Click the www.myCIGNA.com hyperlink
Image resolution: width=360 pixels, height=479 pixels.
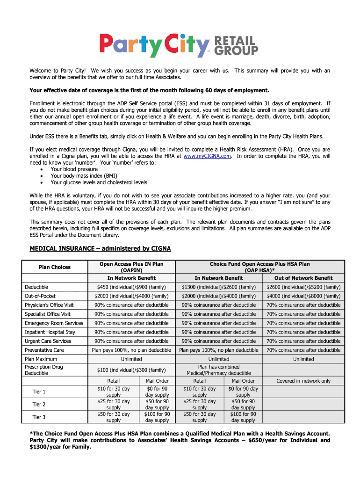coord(208,156)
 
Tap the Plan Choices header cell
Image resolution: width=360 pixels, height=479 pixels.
coord(55,267)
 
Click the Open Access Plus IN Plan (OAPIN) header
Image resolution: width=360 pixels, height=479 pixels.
coord(131,267)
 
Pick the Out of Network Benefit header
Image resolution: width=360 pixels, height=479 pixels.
coord(303,278)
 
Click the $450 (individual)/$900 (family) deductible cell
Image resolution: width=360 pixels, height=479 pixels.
coord(131,287)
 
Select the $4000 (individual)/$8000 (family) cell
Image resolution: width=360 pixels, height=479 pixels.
coord(303,296)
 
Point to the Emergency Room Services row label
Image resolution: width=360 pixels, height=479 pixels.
coord(54,323)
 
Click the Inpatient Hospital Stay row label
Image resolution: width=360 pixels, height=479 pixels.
coord(50,332)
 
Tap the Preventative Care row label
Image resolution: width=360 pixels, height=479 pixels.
coord(44,350)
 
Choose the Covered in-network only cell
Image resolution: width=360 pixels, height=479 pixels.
coord(303,381)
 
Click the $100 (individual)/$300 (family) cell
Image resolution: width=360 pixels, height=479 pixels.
coord(131,370)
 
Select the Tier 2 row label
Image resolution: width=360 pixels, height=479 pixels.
coord(39,404)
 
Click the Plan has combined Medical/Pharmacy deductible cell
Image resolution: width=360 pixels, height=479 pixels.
coord(219,370)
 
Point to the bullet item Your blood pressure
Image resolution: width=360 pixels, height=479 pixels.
coord(74,169)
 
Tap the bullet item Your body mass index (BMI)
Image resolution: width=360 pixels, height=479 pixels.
coord(84,176)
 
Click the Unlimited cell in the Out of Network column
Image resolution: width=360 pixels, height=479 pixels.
coord(303,359)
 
